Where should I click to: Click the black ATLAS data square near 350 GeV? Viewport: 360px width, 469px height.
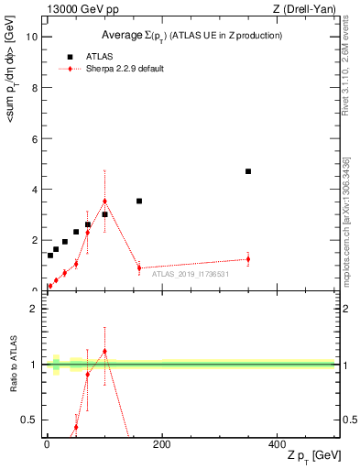248,171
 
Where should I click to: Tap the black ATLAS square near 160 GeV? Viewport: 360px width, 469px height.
139,201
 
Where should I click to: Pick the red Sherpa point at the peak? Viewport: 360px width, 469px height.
104,202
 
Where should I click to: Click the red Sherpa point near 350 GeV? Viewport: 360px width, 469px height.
248,259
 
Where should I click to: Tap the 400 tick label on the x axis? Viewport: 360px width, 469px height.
278,444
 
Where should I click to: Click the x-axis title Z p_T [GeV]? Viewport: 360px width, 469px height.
311,456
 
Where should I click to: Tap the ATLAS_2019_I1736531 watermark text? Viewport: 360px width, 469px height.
190,273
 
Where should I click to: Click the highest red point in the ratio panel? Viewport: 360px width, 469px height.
104,351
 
